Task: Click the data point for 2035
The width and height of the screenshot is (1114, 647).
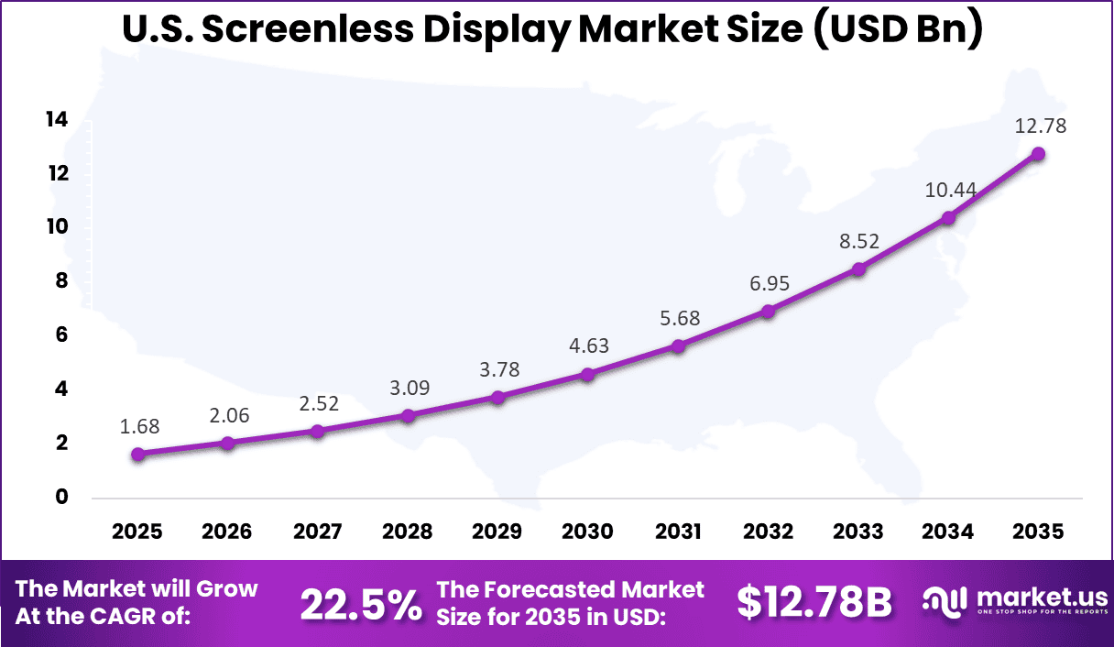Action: [1038, 154]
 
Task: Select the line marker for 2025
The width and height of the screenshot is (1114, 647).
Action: [137, 454]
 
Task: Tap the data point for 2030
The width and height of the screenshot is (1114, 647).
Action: [587, 374]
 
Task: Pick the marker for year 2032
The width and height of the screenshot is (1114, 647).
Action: [768, 312]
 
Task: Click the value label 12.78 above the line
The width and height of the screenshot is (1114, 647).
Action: [1040, 126]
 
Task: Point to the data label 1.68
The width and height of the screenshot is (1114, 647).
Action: [139, 426]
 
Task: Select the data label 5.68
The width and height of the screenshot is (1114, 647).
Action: [678, 318]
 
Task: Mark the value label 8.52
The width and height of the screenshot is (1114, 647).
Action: [858, 241]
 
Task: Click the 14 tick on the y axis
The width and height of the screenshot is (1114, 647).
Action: [57, 119]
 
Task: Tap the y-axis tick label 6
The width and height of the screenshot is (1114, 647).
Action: [62, 335]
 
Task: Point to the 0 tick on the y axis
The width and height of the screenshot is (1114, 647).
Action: [62, 498]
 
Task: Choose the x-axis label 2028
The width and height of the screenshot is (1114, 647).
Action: [408, 532]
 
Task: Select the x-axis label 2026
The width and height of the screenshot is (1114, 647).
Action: [227, 532]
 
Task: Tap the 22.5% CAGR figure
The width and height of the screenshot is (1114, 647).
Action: [361, 603]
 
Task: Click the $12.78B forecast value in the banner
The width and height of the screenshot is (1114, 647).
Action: [814, 602]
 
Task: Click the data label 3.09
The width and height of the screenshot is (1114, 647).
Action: [408, 388]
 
